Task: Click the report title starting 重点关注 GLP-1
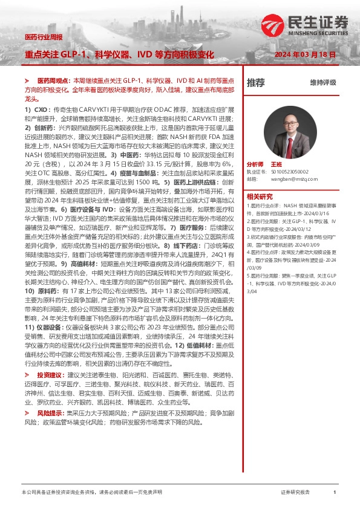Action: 119,55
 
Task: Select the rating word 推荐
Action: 256,83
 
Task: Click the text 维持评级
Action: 322,83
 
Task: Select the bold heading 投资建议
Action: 50,375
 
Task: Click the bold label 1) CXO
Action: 36,109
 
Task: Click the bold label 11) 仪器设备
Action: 42,344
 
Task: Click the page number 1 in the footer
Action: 335,493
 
